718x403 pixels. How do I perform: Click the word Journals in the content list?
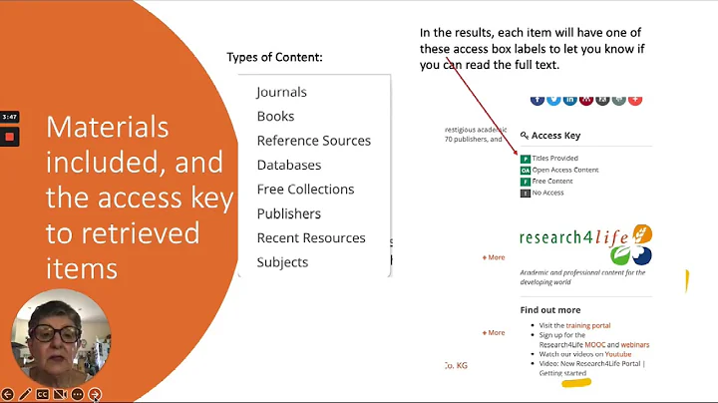[x=281, y=92]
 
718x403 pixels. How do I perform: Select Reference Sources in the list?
[x=313, y=141]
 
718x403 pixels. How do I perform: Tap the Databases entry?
[x=288, y=165]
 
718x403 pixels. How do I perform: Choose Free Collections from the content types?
[x=305, y=190]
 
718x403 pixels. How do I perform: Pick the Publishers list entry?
[x=288, y=213]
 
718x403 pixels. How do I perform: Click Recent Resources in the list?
[x=311, y=238]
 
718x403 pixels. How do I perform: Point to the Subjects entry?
[x=282, y=262]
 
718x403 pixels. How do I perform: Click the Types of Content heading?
[x=274, y=58]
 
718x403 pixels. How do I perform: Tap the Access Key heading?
[x=555, y=136]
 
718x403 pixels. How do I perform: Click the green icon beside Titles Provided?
[x=526, y=159]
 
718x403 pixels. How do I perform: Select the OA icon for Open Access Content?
[x=526, y=170]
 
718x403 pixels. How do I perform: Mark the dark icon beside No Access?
[x=526, y=193]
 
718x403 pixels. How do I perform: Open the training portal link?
[x=588, y=325]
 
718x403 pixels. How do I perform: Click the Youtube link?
[x=618, y=354]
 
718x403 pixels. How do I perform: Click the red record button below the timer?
[x=10, y=136]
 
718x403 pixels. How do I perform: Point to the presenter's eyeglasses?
[x=47, y=325]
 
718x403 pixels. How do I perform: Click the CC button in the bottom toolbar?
[x=43, y=395]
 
